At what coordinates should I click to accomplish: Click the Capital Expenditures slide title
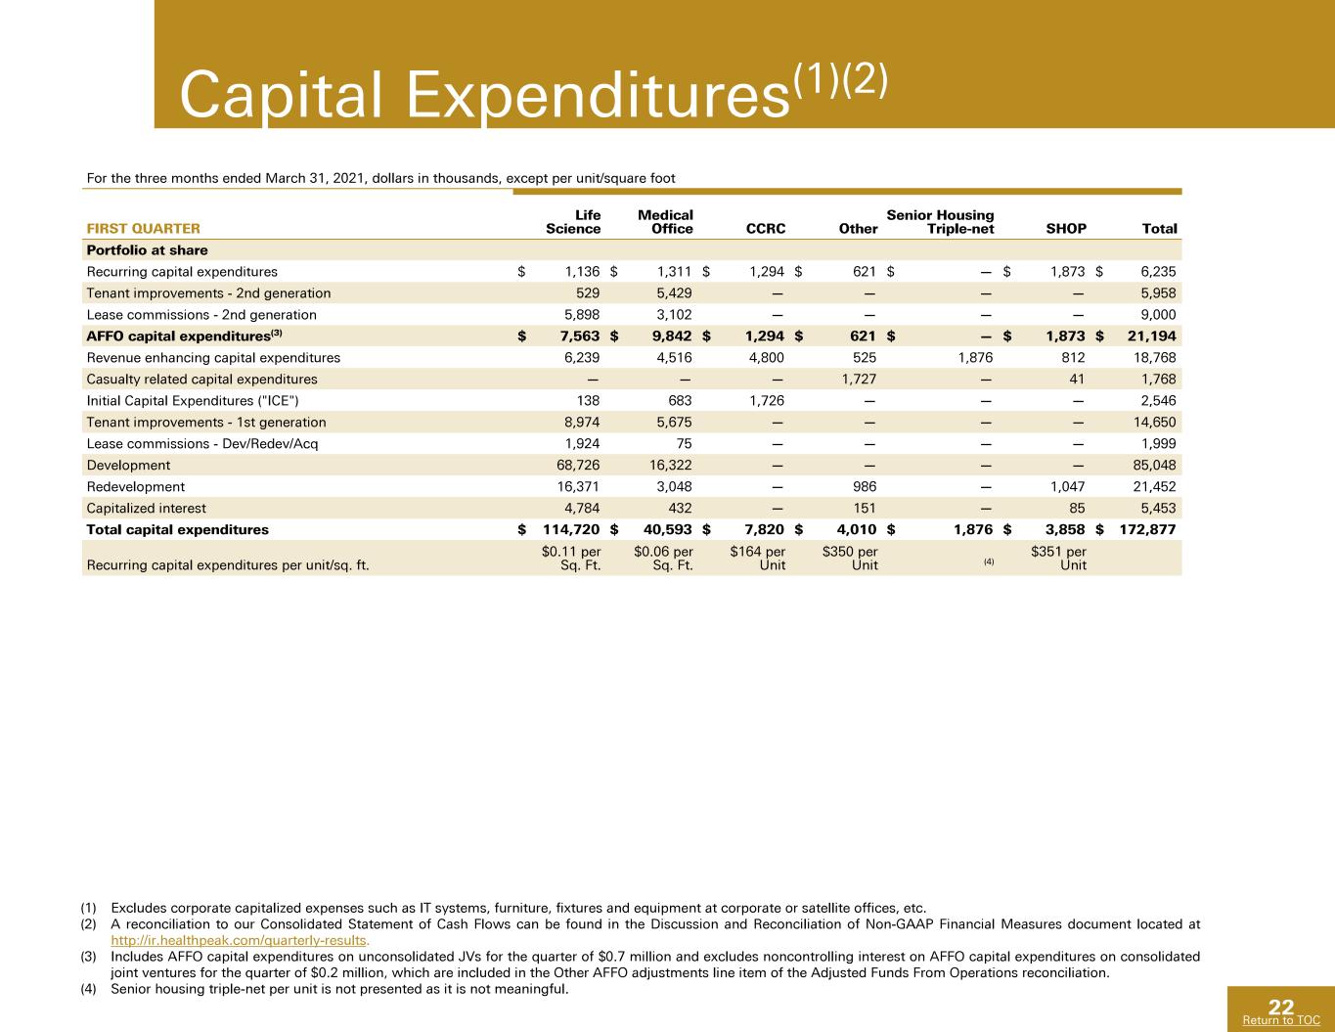click(533, 93)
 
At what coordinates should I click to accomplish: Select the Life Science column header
click(573, 222)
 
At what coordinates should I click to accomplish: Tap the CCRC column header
click(766, 229)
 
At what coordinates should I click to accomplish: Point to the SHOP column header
click(1066, 229)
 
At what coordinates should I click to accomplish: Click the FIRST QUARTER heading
click(143, 229)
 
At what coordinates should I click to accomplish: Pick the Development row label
click(128, 465)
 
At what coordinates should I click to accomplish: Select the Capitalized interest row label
click(147, 508)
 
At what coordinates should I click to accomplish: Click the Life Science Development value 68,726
click(578, 465)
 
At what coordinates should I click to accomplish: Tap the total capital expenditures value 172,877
click(1147, 529)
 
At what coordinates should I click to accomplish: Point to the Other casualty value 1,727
click(859, 379)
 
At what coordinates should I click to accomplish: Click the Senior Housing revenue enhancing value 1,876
click(976, 357)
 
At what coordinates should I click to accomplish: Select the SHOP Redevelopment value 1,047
click(1068, 486)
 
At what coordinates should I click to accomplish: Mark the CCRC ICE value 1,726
click(767, 400)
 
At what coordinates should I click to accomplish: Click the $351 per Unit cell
click(1058, 559)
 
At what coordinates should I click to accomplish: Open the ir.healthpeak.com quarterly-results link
click(240, 940)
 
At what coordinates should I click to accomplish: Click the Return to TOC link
click(1281, 1020)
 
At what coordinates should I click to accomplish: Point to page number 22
click(1281, 1007)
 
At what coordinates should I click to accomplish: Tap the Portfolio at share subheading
click(148, 250)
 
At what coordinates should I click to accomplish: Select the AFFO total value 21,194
click(1151, 337)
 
